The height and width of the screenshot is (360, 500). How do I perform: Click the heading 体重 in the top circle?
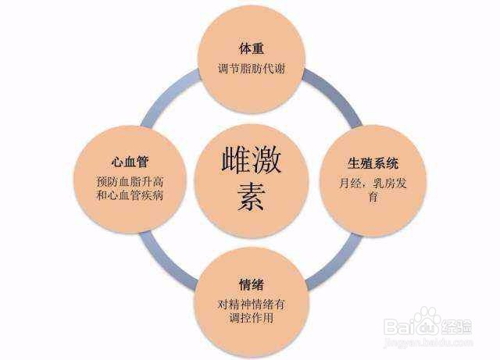pos(251,48)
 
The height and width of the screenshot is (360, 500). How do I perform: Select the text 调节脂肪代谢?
pos(252,69)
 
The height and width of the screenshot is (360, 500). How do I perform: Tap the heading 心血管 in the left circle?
pos(130,162)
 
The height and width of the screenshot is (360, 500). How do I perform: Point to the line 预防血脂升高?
pos(130,182)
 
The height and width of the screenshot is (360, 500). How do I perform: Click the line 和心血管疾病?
pos(130,195)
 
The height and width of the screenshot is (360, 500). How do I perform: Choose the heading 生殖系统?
pos(373,163)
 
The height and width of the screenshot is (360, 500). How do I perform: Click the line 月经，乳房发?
pos(373,184)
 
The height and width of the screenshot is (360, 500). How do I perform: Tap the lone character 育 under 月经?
pos(373,197)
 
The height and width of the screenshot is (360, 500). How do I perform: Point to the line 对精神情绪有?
pos(252,305)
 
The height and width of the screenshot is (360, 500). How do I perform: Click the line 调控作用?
pos(252,318)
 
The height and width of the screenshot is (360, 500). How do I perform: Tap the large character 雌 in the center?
pos(236,160)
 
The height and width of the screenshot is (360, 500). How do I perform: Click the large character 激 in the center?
pos(266,160)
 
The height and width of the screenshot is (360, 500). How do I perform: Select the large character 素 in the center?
pos(251,197)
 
